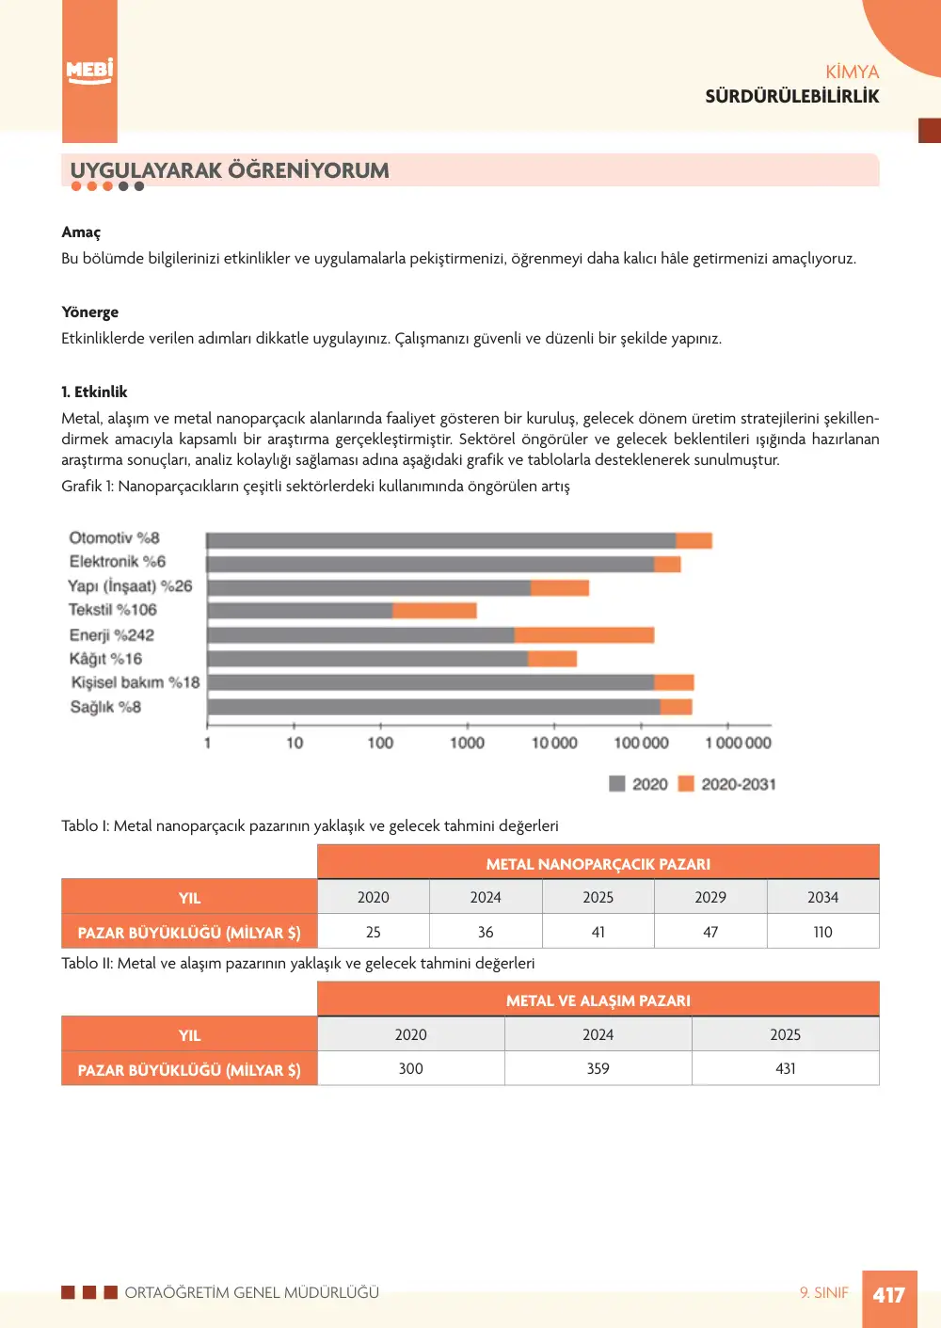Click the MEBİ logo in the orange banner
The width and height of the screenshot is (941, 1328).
[x=89, y=72]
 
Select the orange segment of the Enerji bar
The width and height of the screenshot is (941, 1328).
[x=584, y=635]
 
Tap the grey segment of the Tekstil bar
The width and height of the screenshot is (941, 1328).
[x=300, y=610]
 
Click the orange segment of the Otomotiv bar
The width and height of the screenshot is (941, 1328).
[x=694, y=540]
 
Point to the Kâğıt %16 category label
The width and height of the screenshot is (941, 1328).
[x=105, y=659]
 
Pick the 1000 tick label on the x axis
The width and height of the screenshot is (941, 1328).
[x=467, y=743]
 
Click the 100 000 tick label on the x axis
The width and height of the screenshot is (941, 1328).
[x=641, y=743]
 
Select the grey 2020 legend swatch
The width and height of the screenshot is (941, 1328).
[x=617, y=784]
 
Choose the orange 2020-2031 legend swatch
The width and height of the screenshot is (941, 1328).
[x=686, y=784]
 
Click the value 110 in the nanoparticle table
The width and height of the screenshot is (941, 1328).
[x=822, y=932]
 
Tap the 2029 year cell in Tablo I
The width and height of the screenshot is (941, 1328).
[x=710, y=897]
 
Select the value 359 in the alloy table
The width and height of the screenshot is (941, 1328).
[x=598, y=1068]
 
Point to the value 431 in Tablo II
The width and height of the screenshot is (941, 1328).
[x=785, y=1068]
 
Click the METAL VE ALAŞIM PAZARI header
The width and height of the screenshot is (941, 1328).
[x=598, y=1000]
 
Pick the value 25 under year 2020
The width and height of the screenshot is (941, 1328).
[x=374, y=932]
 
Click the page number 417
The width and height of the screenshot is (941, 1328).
[x=889, y=1295]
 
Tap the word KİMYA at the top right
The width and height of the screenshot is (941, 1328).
[x=853, y=72]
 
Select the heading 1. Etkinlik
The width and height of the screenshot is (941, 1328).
[x=94, y=392]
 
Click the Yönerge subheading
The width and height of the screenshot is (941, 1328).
[x=90, y=312]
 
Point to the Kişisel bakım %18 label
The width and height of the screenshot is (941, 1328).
[x=136, y=682]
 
